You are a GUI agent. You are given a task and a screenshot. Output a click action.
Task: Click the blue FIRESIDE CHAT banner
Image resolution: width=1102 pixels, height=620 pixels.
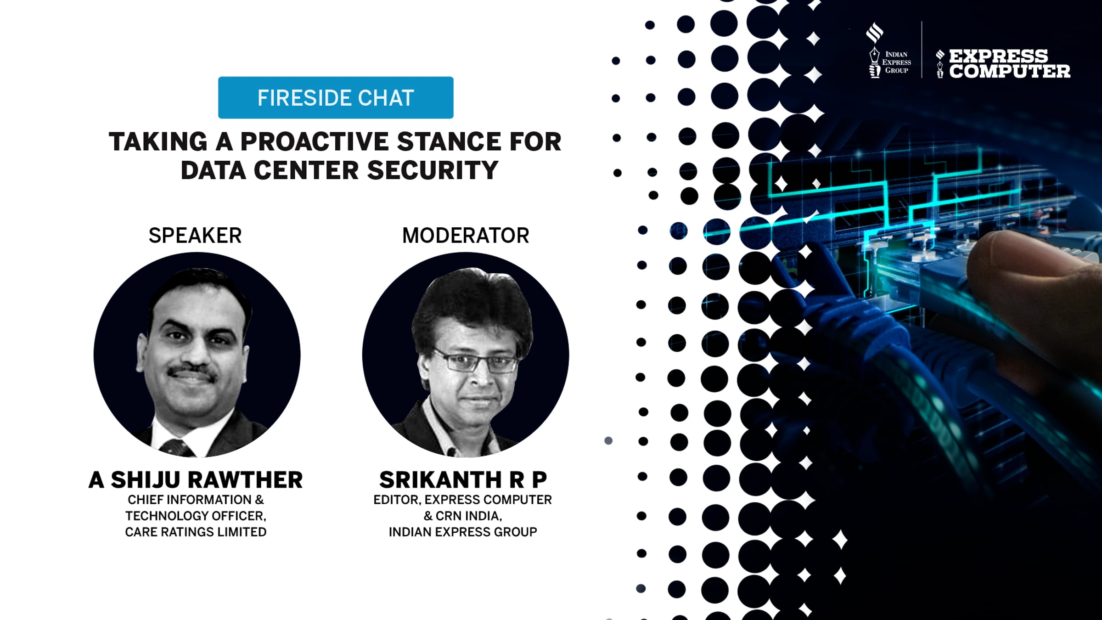click(336, 97)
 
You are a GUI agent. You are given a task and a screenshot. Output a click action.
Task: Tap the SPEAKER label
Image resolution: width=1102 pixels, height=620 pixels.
click(195, 236)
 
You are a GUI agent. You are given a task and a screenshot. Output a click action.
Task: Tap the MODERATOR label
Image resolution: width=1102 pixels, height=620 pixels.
click(466, 236)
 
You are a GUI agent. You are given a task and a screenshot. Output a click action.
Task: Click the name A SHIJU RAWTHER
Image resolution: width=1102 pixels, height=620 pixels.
click(196, 480)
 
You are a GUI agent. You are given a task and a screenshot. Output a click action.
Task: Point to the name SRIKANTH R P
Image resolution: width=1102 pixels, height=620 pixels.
click(463, 480)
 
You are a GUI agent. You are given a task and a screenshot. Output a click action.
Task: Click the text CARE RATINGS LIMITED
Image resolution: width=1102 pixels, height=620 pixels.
click(196, 532)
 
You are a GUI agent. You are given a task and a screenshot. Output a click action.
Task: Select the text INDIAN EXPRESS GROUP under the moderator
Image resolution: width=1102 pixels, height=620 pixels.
click(463, 532)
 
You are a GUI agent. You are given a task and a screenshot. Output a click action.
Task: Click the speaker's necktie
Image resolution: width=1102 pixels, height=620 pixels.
click(177, 448)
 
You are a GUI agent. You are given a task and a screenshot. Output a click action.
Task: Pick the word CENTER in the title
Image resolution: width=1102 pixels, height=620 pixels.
click(306, 170)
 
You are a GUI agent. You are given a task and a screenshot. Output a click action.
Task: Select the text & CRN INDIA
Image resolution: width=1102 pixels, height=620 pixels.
click(463, 516)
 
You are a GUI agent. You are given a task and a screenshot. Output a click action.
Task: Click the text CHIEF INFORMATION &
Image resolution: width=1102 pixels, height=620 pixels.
click(196, 500)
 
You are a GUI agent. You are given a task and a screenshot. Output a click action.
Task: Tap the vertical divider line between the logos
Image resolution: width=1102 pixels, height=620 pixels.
click(922, 50)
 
